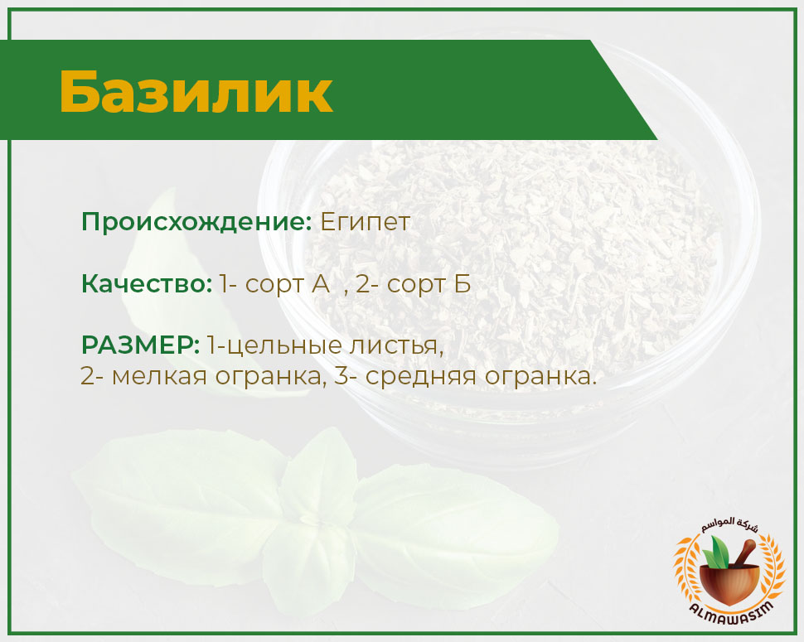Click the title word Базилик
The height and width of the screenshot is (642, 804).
coord(196,92)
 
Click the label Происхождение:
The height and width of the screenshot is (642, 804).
coord(197,222)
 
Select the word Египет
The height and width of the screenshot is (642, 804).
coord(365,223)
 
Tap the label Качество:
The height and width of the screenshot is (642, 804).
coord(147,284)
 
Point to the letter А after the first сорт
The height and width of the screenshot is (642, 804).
coord(321,284)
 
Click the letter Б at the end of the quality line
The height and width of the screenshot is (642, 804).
coord(462,284)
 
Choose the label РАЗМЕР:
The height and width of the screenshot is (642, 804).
coord(141,345)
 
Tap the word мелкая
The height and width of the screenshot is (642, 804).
coord(159,377)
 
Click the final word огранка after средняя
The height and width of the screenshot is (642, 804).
coord(540,378)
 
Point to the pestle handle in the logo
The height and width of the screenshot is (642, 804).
coord(744,555)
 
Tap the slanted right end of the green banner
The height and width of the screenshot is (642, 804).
coord(624,89)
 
